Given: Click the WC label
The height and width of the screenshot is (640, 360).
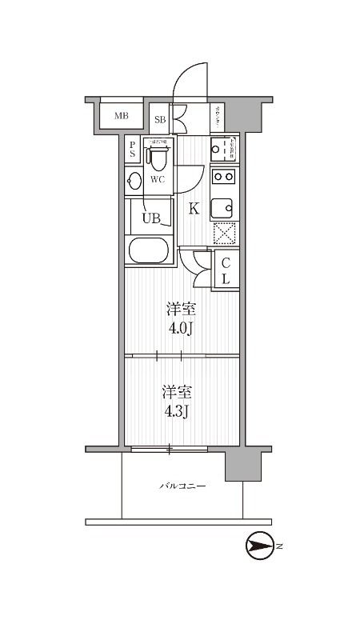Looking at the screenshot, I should point(158,179).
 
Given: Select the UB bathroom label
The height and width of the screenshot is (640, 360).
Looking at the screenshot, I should point(151,216).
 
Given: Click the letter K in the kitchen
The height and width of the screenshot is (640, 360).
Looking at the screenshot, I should point(193,210).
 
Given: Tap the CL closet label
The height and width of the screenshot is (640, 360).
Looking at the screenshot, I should point(226,271).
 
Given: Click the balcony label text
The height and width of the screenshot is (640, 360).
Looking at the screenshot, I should point(182,486).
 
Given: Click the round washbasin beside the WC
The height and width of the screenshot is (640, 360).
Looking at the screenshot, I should point(134,180).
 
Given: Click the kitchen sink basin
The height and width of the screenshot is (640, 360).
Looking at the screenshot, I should point(224,208).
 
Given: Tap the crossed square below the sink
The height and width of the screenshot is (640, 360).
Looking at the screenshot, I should point(224,234).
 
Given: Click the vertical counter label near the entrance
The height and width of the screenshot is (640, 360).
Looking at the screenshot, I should point(218,118).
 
